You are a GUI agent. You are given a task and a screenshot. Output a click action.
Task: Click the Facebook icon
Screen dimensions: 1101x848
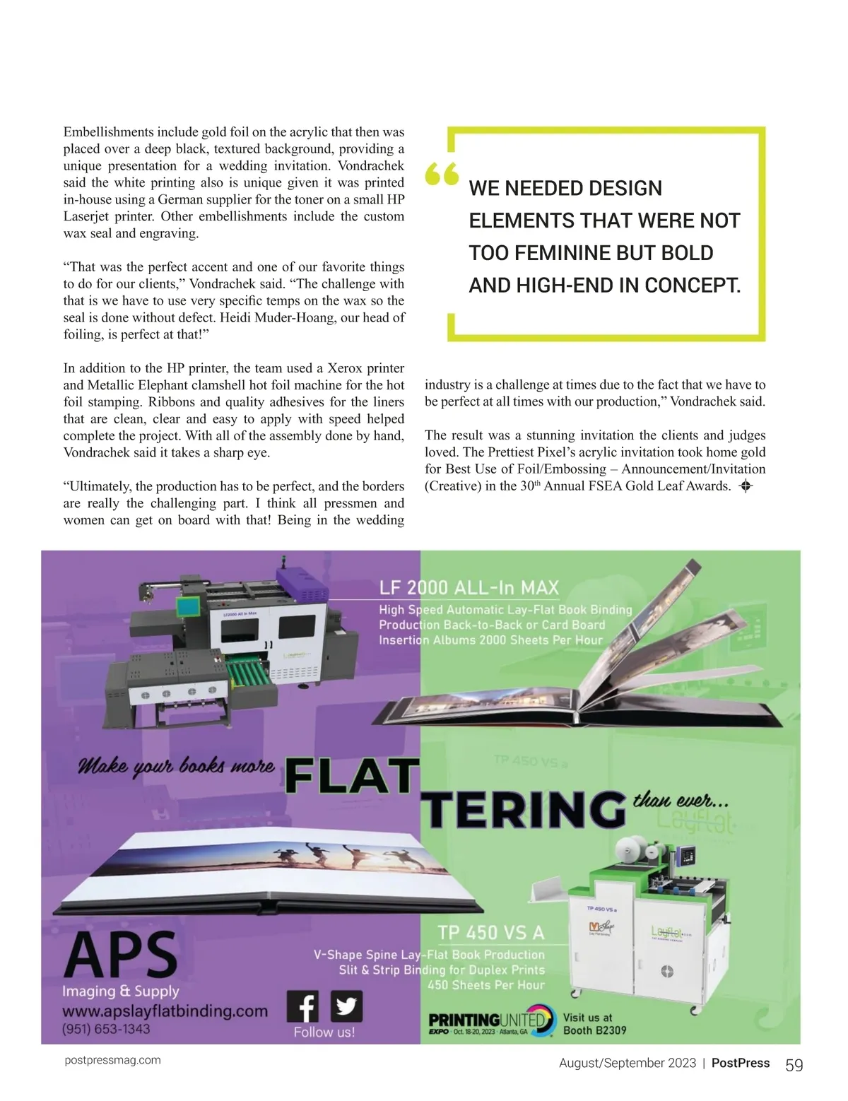coord(303,1006)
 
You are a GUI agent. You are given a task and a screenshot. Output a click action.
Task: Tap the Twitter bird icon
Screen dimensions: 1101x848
coord(346,1006)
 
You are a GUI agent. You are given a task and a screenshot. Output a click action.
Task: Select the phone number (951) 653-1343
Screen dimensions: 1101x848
coord(106,1029)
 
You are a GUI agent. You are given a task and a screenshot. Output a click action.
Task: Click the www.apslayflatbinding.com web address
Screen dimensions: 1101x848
coord(165,1011)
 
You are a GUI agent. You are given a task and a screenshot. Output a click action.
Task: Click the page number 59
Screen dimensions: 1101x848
coord(794,1066)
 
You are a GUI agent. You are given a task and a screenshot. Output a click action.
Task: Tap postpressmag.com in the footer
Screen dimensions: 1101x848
coord(112,1060)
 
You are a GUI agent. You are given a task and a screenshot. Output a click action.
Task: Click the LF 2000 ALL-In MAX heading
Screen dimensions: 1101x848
coord(469,588)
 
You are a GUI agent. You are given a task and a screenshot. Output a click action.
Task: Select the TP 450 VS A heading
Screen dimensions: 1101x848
coord(491,933)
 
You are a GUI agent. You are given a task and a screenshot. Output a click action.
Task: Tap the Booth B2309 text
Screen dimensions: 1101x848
coord(594,1030)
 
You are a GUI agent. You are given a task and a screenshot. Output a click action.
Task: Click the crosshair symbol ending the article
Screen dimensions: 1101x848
coord(744,486)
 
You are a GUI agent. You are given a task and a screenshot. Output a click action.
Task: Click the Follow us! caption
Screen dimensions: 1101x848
coord(324,1032)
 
